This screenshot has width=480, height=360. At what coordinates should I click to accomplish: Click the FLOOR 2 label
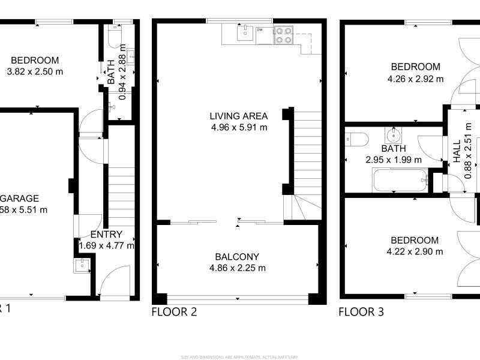[x=174, y=312]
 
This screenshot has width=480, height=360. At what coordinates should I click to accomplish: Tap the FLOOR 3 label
[x=361, y=312]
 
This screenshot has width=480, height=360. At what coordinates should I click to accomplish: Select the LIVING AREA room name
[x=238, y=116]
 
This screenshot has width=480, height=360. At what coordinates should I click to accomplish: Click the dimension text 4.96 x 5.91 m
[x=238, y=127]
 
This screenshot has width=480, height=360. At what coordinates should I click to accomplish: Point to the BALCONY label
[x=238, y=257]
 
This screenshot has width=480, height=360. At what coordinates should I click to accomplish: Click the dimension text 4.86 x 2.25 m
[x=238, y=268]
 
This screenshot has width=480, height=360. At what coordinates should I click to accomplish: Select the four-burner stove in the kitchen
[x=283, y=35]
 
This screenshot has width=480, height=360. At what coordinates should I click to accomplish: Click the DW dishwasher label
[x=260, y=29]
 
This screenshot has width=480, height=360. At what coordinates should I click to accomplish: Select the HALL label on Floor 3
[x=457, y=152]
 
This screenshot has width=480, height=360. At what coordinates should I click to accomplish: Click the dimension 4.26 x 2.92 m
[x=415, y=79]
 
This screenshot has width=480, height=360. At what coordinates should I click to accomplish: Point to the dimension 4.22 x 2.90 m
[x=415, y=251]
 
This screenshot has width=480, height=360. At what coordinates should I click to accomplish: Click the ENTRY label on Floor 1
[x=106, y=235]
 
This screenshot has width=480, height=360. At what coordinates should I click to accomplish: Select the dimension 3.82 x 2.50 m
[x=34, y=71]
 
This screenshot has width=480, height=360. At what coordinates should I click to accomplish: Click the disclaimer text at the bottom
[x=240, y=357]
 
